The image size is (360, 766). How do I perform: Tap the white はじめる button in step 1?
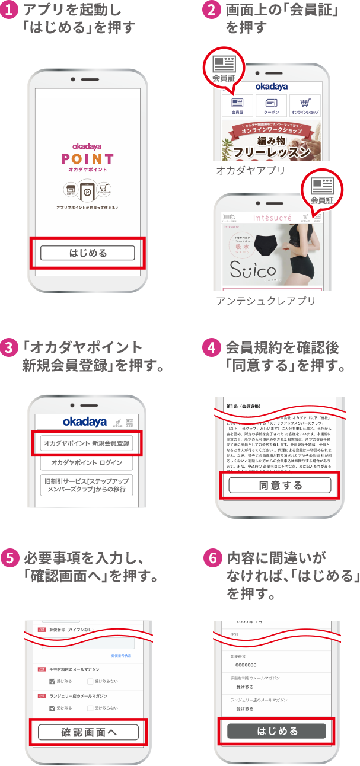tap(88, 253)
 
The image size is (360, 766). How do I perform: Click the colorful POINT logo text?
tap(87, 158)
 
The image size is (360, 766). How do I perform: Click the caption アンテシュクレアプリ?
tap(265, 301)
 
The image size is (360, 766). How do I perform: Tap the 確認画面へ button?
tap(88, 732)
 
